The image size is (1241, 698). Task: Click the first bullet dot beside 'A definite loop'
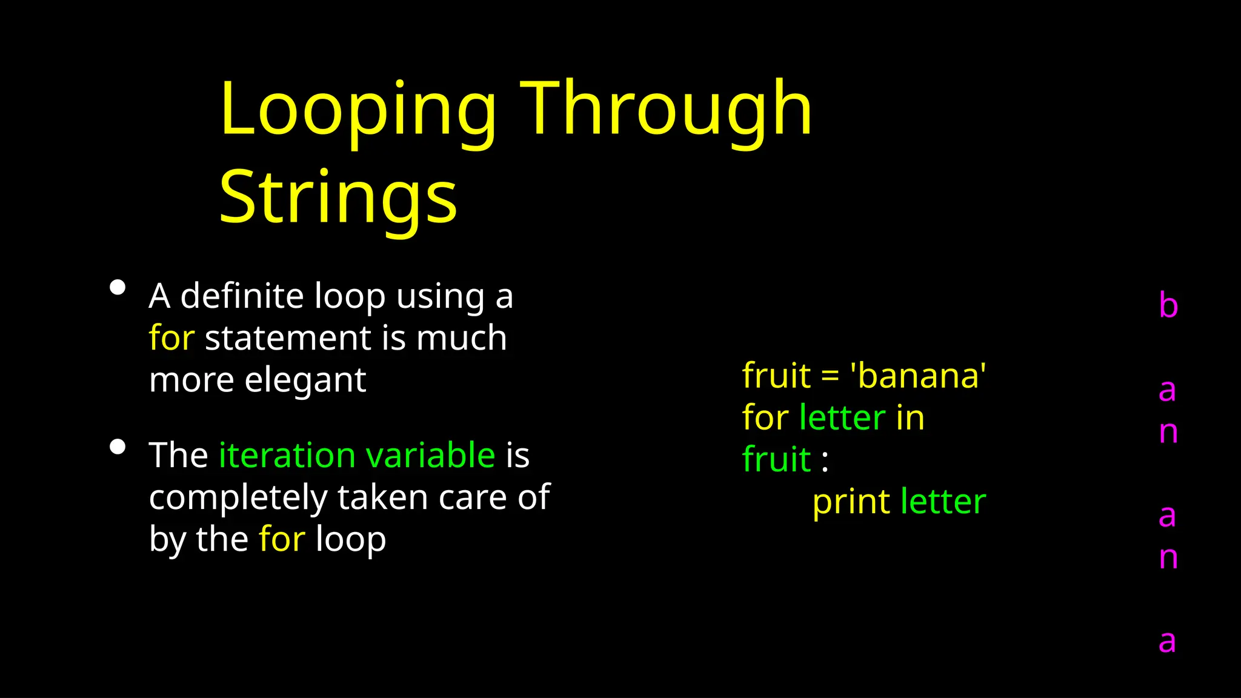(118, 287)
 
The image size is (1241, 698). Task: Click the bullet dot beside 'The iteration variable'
(118, 447)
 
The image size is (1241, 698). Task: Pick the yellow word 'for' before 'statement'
(171, 338)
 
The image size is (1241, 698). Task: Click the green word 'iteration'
(287, 456)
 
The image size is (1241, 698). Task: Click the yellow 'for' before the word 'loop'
(282, 539)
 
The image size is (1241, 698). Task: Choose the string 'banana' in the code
(919, 376)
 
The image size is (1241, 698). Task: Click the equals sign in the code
(830, 377)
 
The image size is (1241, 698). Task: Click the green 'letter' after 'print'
(943, 502)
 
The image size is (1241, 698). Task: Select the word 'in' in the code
(910, 418)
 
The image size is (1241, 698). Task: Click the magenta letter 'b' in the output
(1168, 305)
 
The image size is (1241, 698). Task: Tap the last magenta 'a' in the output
(1167, 642)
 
